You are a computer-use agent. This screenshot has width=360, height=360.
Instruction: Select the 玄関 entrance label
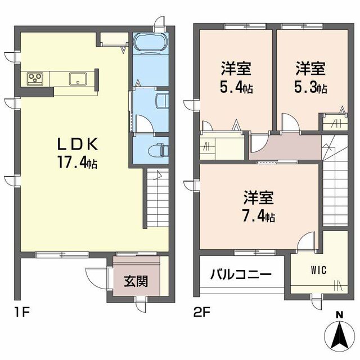136,280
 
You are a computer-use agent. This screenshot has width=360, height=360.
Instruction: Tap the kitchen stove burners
34,79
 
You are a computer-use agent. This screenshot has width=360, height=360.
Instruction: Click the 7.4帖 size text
258,216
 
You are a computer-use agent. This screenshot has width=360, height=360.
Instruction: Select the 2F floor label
202,311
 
